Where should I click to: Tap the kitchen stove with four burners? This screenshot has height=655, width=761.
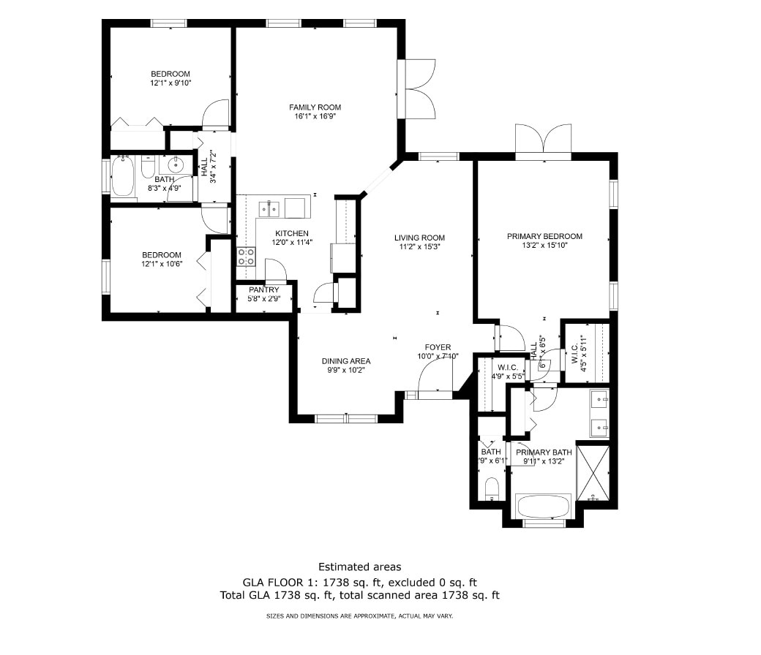(246, 257)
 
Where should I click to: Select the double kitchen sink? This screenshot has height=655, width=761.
(271, 209)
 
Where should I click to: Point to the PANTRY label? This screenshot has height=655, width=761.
(263, 290)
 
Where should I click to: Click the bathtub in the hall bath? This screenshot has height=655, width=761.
(123, 177)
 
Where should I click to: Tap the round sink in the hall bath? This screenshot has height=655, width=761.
(174, 164)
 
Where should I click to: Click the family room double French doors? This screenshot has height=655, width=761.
(419, 88)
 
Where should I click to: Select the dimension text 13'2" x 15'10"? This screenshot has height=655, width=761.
(544, 246)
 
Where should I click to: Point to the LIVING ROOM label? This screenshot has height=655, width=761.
(419, 238)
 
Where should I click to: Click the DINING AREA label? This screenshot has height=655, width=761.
(346, 361)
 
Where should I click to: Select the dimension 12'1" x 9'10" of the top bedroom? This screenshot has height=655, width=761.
(170, 83)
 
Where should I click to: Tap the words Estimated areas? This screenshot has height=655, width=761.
(359, 567)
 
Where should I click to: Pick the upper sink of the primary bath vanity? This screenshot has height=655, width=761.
(599, 399)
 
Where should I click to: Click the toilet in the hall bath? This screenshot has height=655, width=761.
(147, 170)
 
